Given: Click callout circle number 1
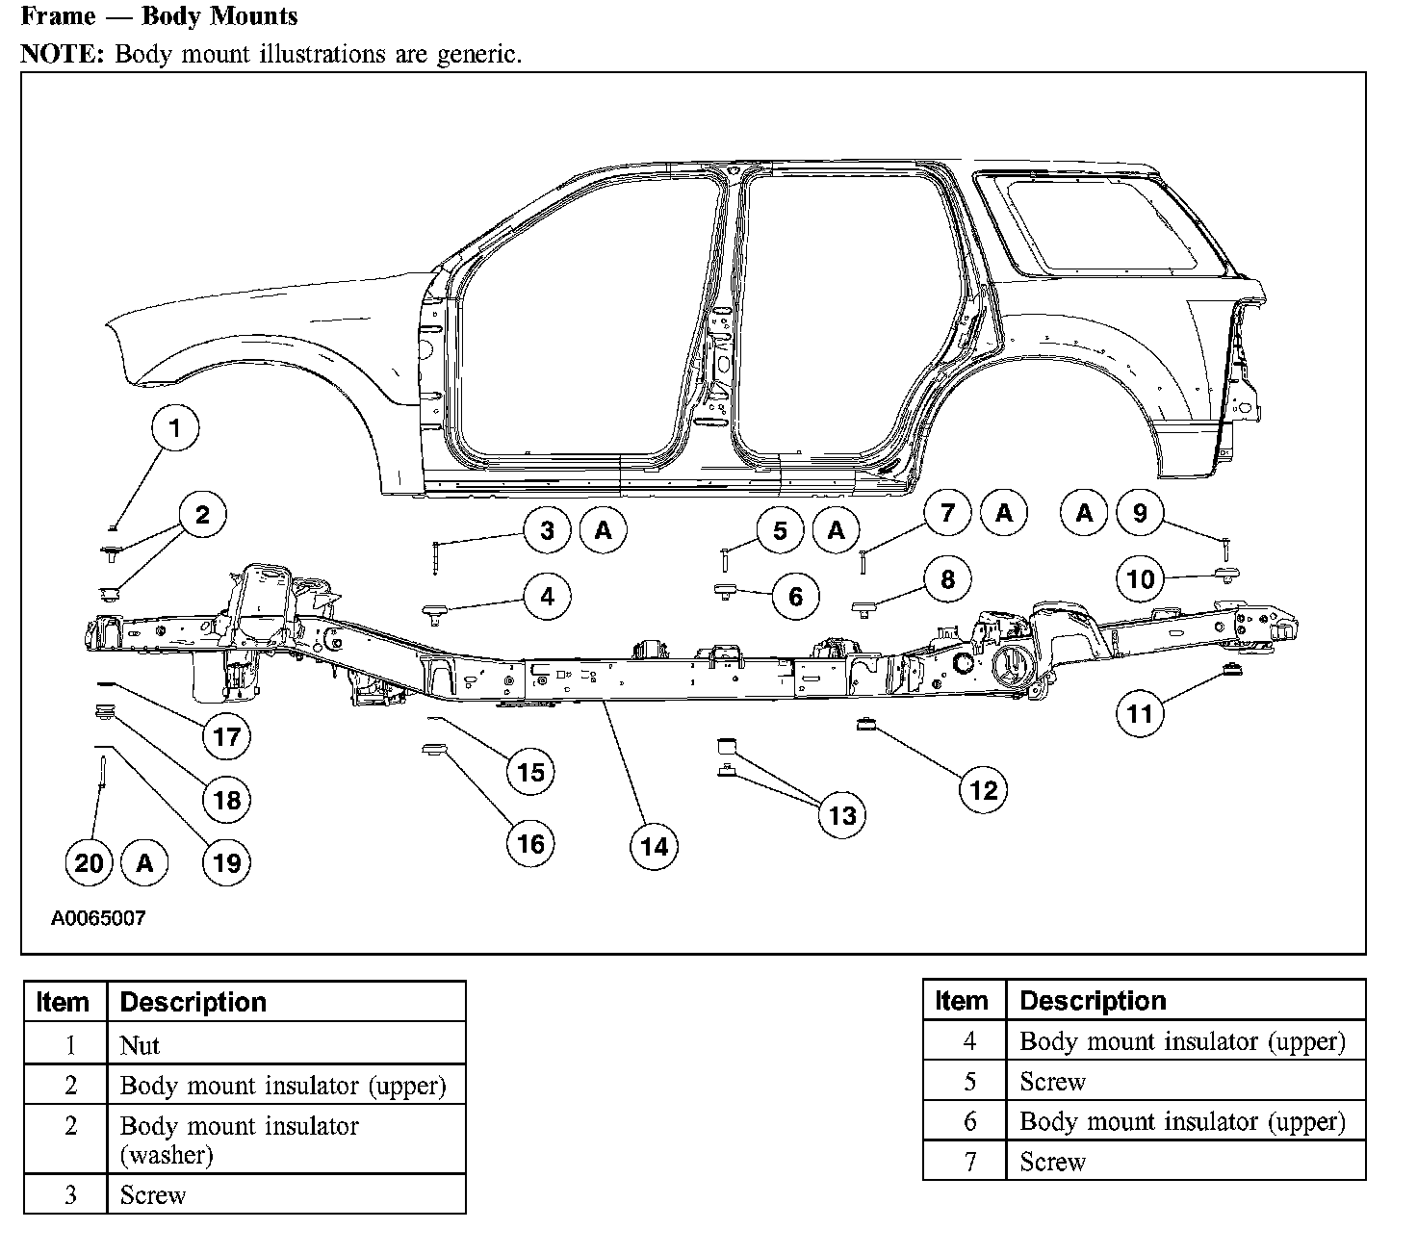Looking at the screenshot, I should coord(174,427).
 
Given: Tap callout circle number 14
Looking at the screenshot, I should coord(654,846).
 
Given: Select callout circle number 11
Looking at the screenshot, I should coord(1140,713).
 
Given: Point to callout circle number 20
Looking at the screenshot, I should coord(88,862).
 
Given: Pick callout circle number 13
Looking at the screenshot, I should coord(841,815).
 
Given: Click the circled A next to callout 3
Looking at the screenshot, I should coord(604,530).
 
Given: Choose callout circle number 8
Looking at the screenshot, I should coord(947,579).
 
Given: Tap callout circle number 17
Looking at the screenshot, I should coord(226,737).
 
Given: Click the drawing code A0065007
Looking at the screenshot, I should coord(98,918).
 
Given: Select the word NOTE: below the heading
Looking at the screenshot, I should coord(62,54).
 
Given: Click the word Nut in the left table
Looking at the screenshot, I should coord(140,1045).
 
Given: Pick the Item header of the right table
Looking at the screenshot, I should coord(962,1001).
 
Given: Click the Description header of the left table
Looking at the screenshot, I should coord(193,1002).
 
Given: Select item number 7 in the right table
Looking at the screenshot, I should coord(969,1163).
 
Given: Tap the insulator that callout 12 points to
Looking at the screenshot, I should coord(864,724).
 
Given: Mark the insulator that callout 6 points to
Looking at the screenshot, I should coord(724,589).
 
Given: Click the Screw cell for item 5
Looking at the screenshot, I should coord(1052,1082).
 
